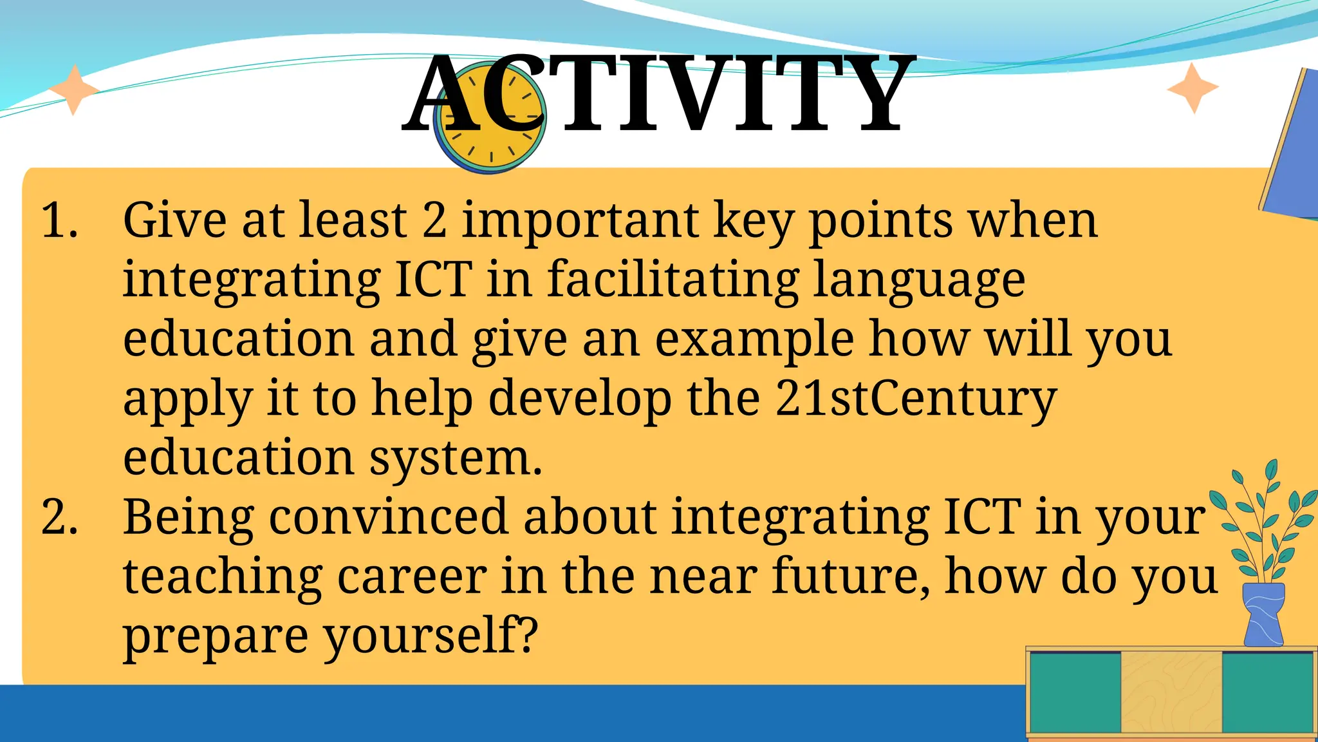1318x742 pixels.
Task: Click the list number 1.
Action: pos(59,220)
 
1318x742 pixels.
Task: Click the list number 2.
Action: pos(59,517)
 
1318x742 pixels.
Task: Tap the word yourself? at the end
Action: pos(430,636)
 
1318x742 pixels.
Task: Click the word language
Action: pos(919,282)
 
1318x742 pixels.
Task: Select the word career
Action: pos(412,576)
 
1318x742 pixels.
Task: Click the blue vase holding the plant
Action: pos(1263,615)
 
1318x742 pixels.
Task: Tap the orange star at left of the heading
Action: pos(73,90)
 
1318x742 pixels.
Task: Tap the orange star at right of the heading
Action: pos(1193,88)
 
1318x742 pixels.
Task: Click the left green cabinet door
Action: pos(1075,692)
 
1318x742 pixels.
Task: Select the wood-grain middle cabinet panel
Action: pos(1171,692)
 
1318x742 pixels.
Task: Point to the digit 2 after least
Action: pos(434,220)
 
